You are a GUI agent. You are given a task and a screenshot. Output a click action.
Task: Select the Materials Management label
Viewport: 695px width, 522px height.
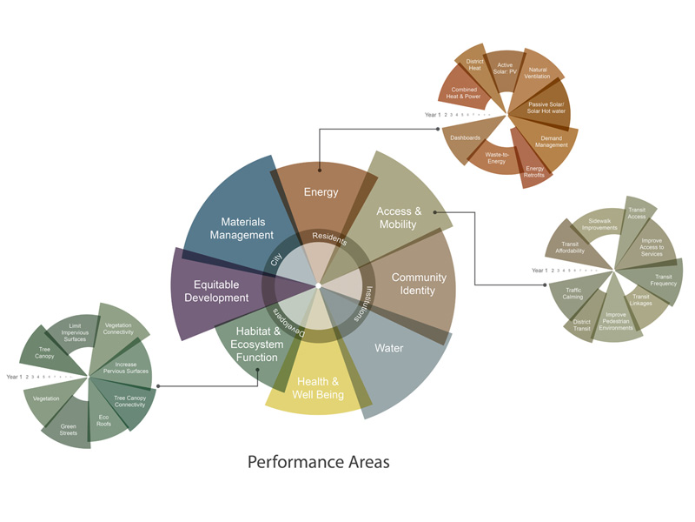[235, 228]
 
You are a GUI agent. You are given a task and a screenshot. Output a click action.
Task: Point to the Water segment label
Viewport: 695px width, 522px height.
[388, 348]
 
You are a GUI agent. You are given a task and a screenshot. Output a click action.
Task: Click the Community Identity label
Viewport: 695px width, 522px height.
[418, 284]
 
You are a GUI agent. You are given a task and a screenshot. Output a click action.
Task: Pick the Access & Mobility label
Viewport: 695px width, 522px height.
[399, 217]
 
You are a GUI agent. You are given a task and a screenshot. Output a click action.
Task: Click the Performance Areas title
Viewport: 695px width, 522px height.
[319, 461]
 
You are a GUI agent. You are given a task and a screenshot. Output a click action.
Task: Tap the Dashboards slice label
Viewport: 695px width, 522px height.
[466, 137]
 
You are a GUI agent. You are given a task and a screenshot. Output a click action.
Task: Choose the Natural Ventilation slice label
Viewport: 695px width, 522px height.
[538, 73]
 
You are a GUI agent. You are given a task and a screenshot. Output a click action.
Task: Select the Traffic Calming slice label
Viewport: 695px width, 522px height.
[573, 293]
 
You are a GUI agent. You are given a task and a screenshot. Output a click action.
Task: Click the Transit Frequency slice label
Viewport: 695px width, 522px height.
[664, 280]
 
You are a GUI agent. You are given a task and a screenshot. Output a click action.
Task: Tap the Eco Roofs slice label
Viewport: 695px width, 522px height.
[103, 420]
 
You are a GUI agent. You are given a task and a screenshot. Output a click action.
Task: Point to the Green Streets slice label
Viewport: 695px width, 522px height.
[69, 428]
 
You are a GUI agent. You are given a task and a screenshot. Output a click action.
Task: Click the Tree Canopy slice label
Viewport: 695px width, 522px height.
[44, 352]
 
